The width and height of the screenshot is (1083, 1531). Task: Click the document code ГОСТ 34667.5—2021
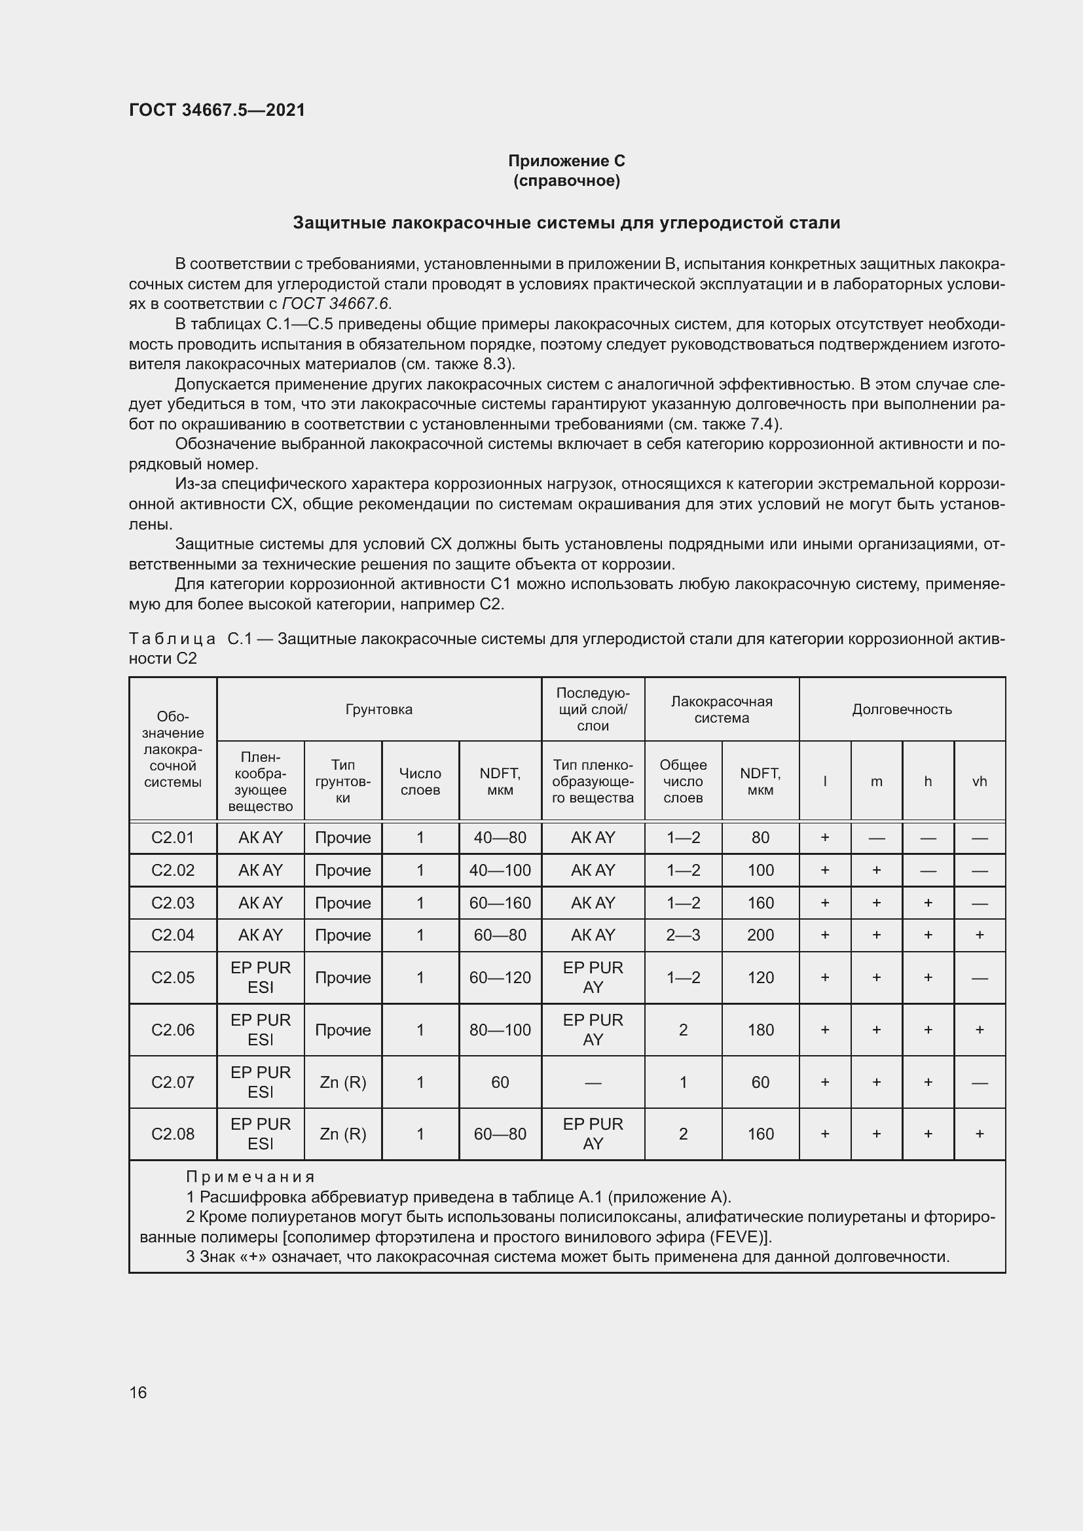click(217, 110)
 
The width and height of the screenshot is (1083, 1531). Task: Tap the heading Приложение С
click(566, 161)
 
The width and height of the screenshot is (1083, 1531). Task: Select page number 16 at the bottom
click(138, 1392)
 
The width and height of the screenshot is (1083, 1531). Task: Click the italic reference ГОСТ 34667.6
click(336, 304)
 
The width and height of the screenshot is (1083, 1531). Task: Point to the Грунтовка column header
click(378, 709)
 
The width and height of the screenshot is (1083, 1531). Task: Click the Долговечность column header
click(902, 709)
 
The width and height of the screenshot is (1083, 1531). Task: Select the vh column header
click(979, 781)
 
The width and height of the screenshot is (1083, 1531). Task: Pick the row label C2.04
click(173, 935)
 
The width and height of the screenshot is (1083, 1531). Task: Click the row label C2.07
click(173, 1081)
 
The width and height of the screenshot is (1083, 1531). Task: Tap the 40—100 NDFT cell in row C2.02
click(500, 870)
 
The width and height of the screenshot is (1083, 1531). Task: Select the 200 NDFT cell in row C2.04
click(760, 935)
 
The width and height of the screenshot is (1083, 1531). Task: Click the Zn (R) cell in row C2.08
click(342, 1134)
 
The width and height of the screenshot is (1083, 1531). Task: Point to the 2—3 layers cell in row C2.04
click(683, 935)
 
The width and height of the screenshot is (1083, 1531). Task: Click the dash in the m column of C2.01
click(876, 838)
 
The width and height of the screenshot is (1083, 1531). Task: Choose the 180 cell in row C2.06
click(760, 1030)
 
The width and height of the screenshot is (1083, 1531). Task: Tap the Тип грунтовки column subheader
click(342, 781)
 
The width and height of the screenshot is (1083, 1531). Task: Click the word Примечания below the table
click(250, 1177)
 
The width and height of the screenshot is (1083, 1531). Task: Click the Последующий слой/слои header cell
click(593, 709)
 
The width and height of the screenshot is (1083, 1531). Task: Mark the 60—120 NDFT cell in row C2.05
click(500, 977)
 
